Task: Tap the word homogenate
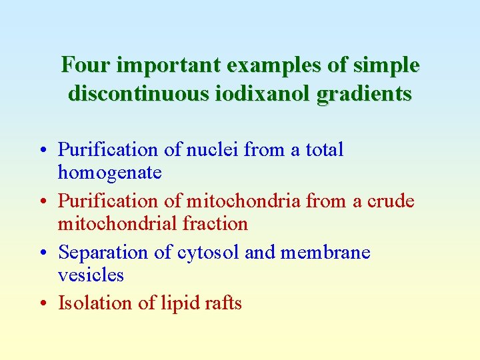point(109,173)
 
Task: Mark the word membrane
point(325,253)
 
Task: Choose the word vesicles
point(91,275)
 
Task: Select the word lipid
point(179,303)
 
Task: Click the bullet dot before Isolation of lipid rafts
point(42,304)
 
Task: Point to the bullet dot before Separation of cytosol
point(42,253)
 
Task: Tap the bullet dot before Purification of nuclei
point(42,151)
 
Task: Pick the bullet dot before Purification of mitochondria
point(42,201)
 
